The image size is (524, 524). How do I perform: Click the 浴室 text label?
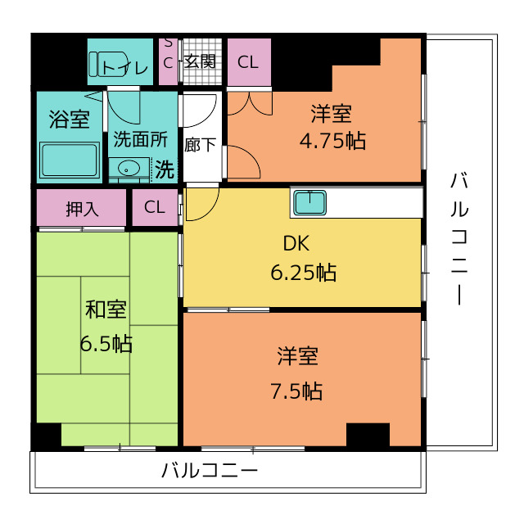click(x=69, y=120)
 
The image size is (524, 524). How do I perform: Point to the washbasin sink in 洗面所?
click(x=129, y=169)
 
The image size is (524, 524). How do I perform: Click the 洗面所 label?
click(x=140, y=140)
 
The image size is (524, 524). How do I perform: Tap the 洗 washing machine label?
click(x=165, y=170)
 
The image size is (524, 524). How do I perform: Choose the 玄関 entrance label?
click(x=200, y=61)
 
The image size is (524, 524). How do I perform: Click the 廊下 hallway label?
click(x=201, y=145)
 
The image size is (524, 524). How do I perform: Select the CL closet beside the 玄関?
click(x=248, y=61)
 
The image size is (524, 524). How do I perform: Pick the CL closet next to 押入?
click(x=154, y=207)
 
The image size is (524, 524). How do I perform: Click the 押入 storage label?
click(x=82, y=208)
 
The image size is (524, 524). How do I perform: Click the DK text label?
click(x=296, y=244)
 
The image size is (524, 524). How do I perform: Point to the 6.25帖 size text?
click(x=303, y=273)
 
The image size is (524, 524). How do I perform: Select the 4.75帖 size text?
click(x=332, y=140)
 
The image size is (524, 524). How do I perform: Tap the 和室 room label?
click(x=106, y=310)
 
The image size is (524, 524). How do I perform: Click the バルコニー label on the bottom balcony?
click(x=210, y=471)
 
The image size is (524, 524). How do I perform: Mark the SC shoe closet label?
click(x=168, y=52)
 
